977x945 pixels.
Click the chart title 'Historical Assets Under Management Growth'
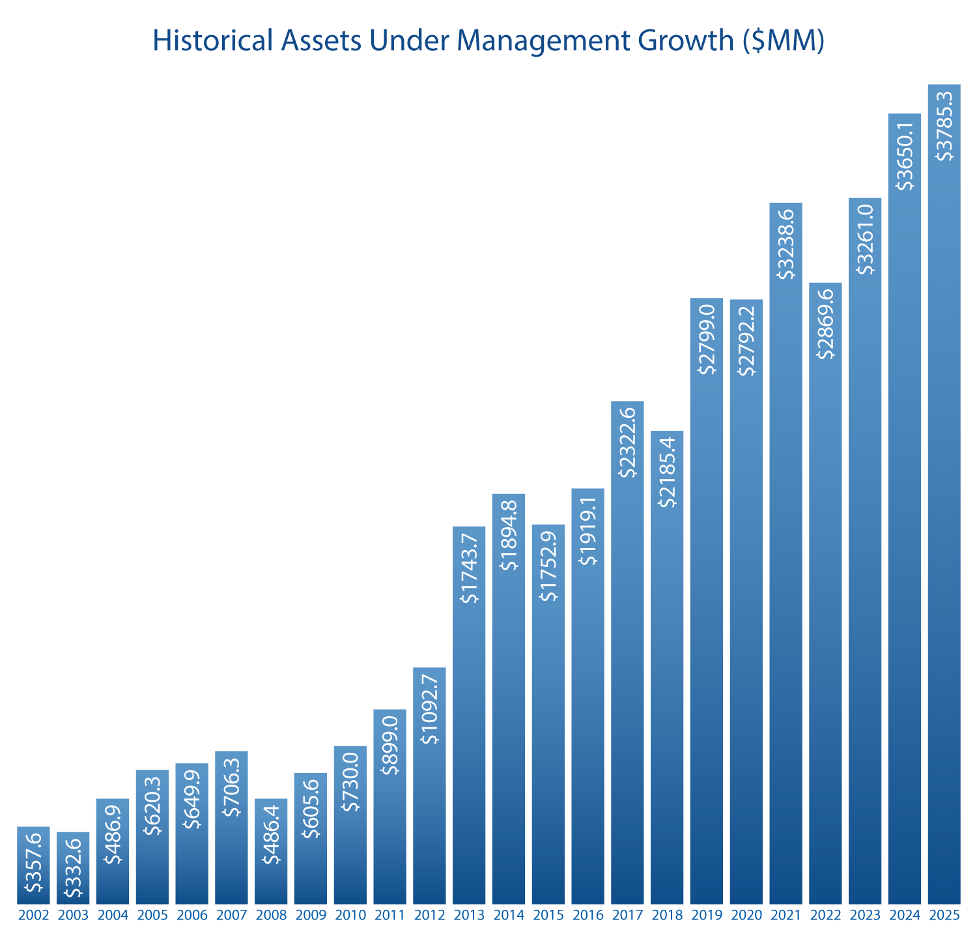tap(488, 41)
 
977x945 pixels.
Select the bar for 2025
tap(944, 521)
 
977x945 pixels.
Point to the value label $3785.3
tap(944, 126)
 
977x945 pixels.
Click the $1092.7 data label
tap(429, 709)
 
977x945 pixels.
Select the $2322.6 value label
tap(627, 443)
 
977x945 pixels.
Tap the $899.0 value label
tap(389, 746)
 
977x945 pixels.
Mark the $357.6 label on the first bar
tap(33, 863)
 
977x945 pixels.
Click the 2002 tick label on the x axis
tap(33, 916)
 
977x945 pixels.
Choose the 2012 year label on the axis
tap(429, 916)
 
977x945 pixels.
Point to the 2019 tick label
tap(707, 916)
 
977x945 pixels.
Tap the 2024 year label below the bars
tap(905, 916)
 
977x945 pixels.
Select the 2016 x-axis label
tap(588, 916)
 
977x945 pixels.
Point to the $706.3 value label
tap(231, 787)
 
